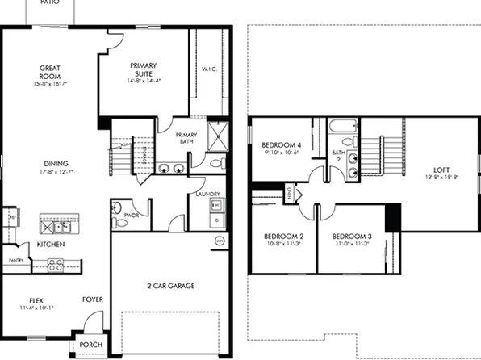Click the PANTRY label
[x=14, y=261]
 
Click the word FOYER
[x=93, y=299]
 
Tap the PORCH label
[x=90, y=345]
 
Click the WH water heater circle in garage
[x=218, y=241]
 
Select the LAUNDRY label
[x=208, y=195]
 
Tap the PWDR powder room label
[x=132, y=216]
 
